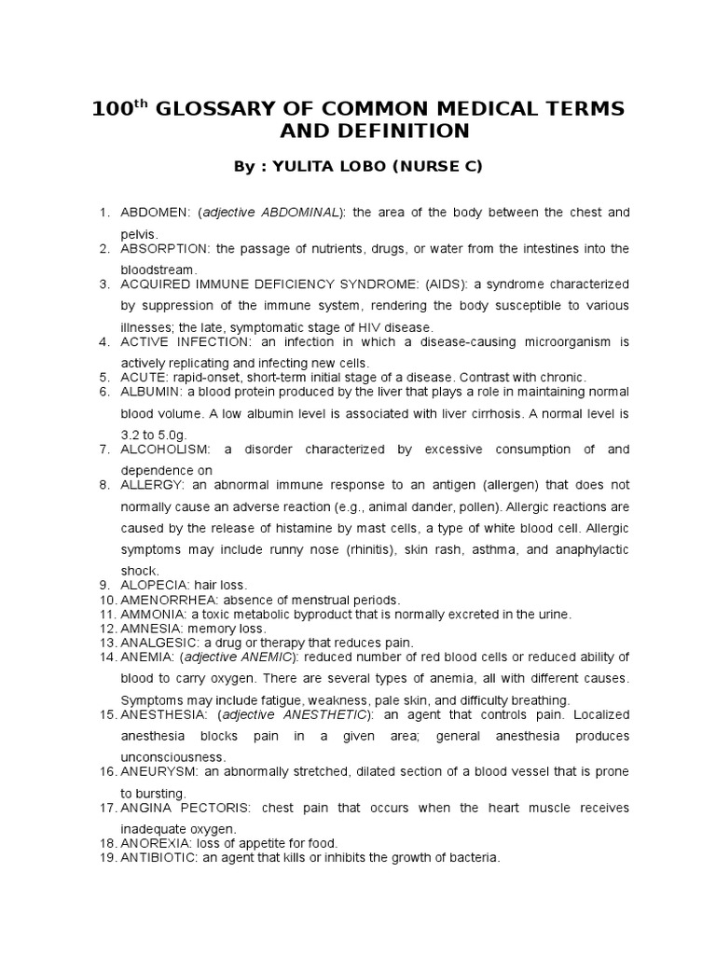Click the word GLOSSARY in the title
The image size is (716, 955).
(x=217, y=109)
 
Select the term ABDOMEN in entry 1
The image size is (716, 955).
(x=153, y=214)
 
